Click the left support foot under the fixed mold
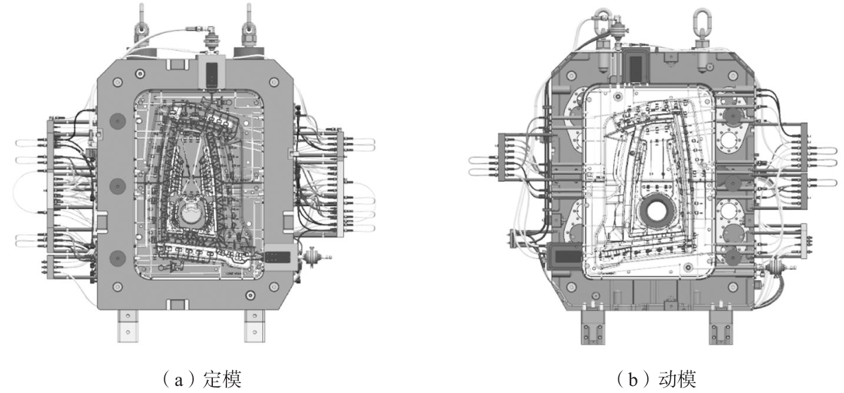point(126,326)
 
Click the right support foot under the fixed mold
point(254,326)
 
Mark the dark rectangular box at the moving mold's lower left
point(565,255)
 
